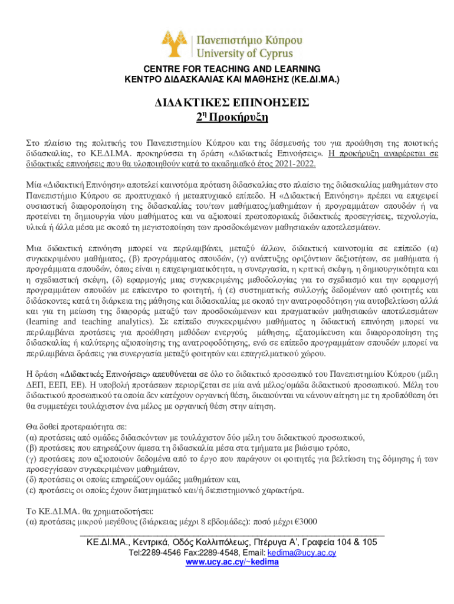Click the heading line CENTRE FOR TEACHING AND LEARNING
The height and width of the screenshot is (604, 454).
(226, 68)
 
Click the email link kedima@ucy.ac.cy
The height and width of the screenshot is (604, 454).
(302, 553)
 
